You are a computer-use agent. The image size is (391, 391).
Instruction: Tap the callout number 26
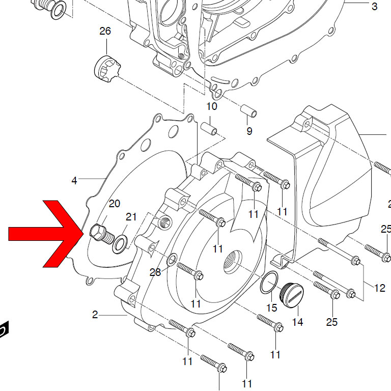tap(105, 31)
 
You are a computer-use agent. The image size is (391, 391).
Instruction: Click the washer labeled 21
tap(120, 244)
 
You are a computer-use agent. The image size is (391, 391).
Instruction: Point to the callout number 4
tap(74, 181)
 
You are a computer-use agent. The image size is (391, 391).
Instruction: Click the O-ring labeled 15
tap(269, 282)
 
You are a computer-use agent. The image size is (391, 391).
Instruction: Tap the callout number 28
tap(155, 272)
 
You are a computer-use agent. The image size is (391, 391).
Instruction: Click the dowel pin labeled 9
tap(248, 111)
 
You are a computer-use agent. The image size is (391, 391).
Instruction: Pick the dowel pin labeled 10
tap(209, 128)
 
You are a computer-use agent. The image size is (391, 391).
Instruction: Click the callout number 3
tap(374, 6)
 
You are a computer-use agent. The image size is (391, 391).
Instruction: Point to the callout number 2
tap(95, 315)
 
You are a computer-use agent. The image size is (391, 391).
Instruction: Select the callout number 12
tap(379, 288)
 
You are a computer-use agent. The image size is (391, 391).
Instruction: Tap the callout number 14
tap(297, 322)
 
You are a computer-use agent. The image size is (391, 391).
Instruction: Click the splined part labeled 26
tap(107, 69)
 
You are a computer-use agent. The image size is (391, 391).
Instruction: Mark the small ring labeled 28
tap(172, 259)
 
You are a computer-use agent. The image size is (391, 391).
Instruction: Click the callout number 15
tap(271, 308)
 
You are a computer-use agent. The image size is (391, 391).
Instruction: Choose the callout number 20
tap(115, 204)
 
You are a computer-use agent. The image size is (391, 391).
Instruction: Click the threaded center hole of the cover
tap(232, 261)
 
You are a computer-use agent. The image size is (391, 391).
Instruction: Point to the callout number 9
tap(249, 131)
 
